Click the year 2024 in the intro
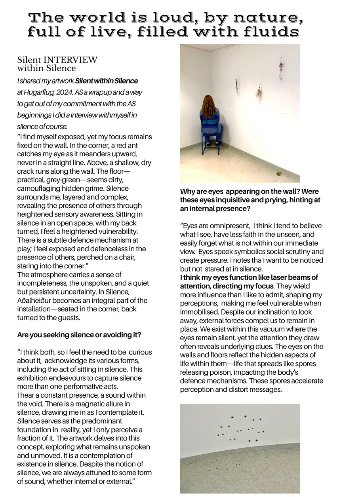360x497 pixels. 69,92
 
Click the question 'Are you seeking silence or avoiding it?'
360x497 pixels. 79,335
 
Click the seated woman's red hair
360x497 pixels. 209,106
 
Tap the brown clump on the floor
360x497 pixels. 279,174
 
